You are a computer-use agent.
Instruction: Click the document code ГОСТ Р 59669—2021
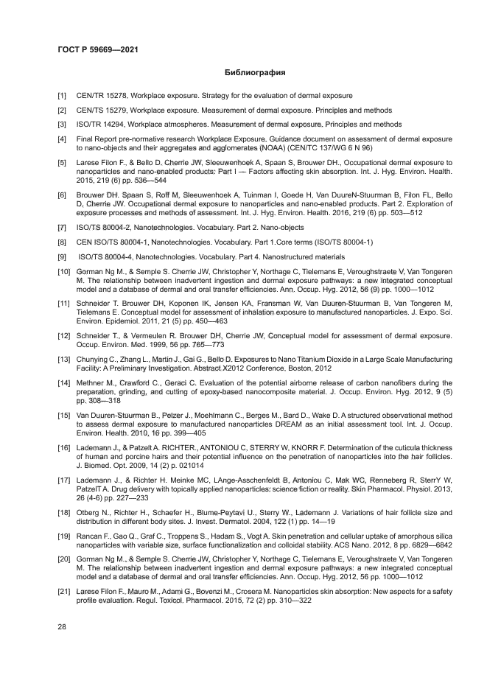pyautogui.click(x=98, y=50)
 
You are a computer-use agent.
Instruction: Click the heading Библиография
pyautogui.click(x=254, y=73)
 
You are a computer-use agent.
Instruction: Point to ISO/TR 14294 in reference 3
pyautogui.click(x=99, y=125)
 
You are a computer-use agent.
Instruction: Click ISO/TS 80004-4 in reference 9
pyautogui.click(x=103, y=256)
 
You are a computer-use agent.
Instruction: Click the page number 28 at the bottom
pyautogui.click(x=62, y=626)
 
